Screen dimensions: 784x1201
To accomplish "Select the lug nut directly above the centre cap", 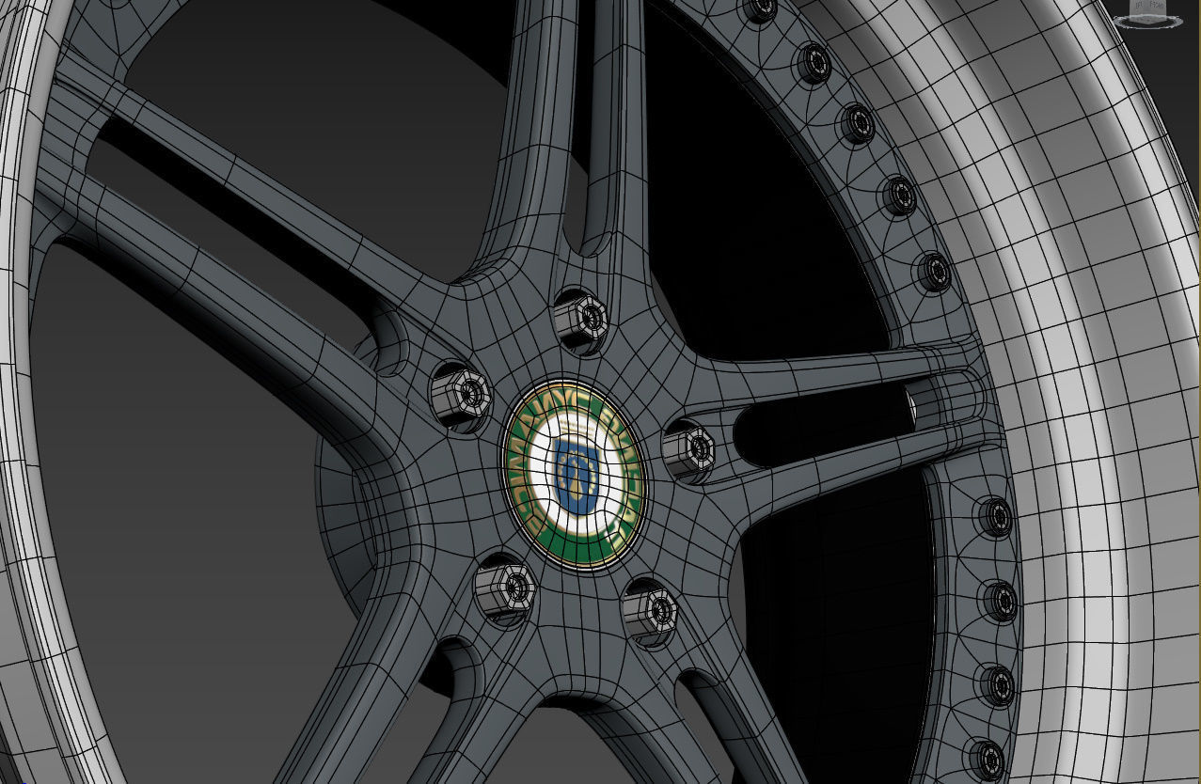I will [x=580, y=320].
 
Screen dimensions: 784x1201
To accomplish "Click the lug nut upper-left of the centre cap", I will [x=462, y=395].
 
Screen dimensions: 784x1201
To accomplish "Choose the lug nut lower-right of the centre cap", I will [x=650, y=611].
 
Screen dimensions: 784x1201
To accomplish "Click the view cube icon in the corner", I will [x=1147, y=14].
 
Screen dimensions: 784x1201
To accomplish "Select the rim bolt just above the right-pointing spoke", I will [x=933, y=271].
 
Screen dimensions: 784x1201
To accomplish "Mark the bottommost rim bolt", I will [x=987, y=758].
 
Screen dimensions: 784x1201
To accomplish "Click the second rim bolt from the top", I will [x=814, y=63].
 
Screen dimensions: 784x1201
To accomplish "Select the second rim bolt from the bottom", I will [x=999, y=684].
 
